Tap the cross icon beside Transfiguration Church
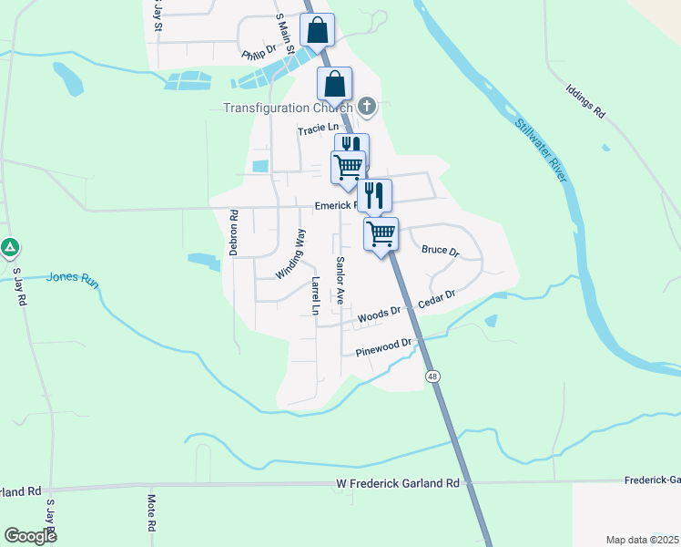pyautogui.click(x=367, y=107)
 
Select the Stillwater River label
pyautogui.click(x=541, y=152)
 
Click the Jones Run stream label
pyautogui.click(x=72, y=278)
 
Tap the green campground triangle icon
pyautogui.click(x=9, y=246)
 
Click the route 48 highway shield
pyautogui.click(x=432, y=375)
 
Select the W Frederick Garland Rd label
pyautogui.click(x=397, y=483)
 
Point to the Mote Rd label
pyautogui.click(x=151, y=514)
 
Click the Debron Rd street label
pyautogui.click(x=234, y=232)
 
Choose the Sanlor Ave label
pyautogui.click(x=339, y=280)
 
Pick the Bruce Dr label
pyautogui.click(x=440, y=249)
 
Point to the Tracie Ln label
pyautogui.click(x=318, y=130)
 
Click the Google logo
pyautogui.click(x=30, y=536)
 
